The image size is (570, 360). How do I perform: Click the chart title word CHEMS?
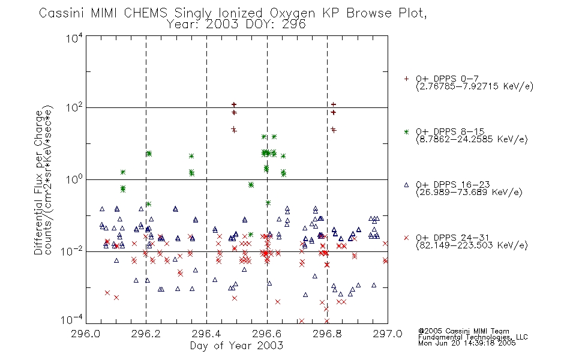pos(145,13)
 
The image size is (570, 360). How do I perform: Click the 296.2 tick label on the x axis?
pos(146,334)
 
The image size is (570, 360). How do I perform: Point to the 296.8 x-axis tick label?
pos(327,334)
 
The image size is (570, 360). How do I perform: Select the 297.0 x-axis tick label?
pos(388,334)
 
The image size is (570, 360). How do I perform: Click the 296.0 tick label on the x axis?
pos(85,334)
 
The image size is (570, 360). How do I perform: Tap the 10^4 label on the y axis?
pos(74,38)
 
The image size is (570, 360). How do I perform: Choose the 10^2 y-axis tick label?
pos(74,108)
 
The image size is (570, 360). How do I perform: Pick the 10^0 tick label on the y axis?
pos(74,179)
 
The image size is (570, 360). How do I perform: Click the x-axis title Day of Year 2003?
pos(236,346)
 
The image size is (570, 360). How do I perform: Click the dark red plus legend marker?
pos(406,79)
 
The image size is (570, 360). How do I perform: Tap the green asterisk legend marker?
pos(406,131)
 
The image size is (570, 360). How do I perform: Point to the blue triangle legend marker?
pos(406,185)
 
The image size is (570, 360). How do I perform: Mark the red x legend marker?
pos(406,238)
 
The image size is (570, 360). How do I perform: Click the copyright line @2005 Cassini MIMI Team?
pos(463,331)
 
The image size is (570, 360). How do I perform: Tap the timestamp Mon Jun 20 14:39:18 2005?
pos(467,343)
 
